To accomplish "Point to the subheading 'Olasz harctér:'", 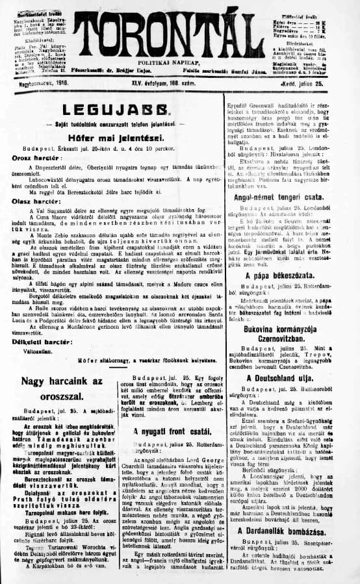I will pyautogui.click(x=36, y=201).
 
